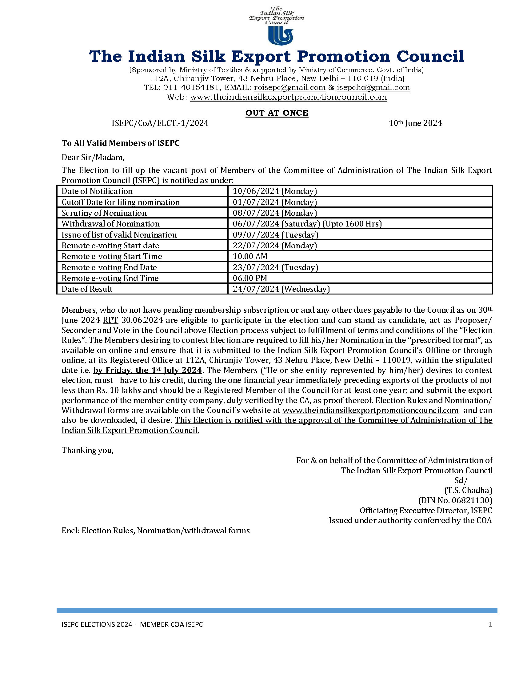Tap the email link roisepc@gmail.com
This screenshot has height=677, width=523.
[x=289, y=88]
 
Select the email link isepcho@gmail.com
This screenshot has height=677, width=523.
[x=373, y=88]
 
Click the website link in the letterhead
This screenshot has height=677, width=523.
[x=288, y=97]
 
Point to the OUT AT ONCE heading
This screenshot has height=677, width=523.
[x=277, y=113]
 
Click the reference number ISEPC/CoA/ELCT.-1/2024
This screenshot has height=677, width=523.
[x=160, y=123]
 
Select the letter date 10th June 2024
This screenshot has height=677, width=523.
[x=415, y=123]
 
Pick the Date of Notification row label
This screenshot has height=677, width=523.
[x=97, y=191]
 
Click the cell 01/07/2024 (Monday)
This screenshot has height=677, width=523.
[x=274, y=202]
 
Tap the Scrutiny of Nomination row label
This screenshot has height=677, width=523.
[x=104, y=213]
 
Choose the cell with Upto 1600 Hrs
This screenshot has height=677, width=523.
[x=307, y=224]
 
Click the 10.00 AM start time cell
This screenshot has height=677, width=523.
[x=250, y=256]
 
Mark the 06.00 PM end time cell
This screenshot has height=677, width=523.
[x=250, y=278]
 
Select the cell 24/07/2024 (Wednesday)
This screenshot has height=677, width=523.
[x=281, y=289]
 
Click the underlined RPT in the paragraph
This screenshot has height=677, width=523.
[x=110, y=320]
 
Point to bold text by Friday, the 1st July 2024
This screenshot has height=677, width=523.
[x=147, y=370]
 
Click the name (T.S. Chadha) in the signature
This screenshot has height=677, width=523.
[x=468, y=491]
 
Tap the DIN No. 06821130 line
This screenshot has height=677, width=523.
[x=455, y=500]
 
